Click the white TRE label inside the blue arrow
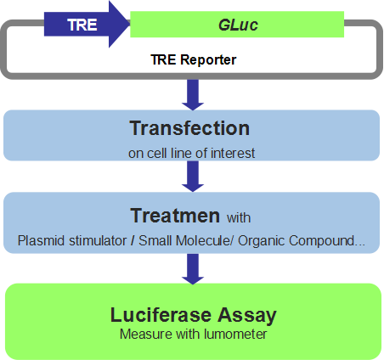82,25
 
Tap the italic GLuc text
238,25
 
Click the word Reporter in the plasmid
208,60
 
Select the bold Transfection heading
189,128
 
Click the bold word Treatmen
175,216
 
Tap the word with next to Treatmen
239,218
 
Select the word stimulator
98,241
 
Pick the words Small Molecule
184,241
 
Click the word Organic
261,241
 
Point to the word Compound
322,241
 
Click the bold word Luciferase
161,315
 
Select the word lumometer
235,335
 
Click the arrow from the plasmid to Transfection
193,95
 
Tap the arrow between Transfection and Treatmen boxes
193,177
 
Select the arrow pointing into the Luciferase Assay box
193,269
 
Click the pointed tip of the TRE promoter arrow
130,24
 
